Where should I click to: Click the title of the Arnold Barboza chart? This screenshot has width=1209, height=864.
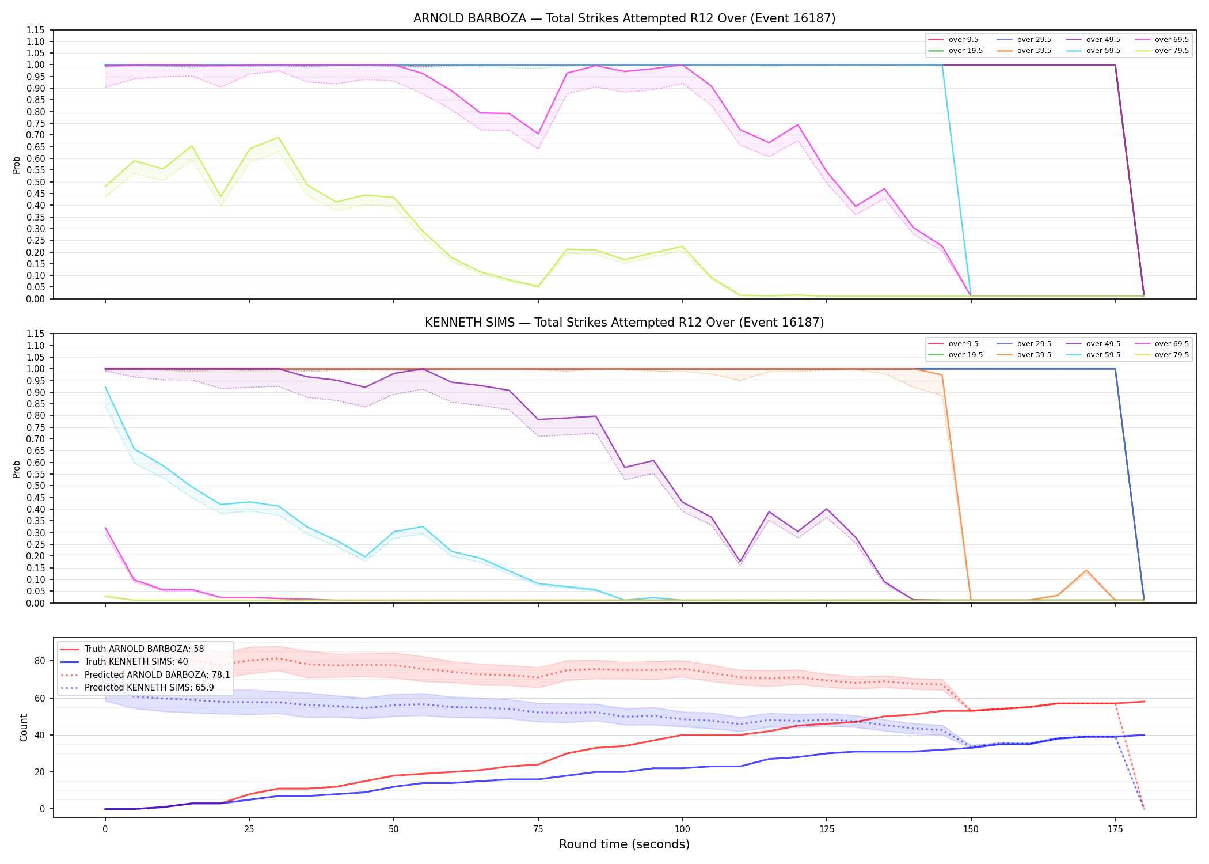point(624,18)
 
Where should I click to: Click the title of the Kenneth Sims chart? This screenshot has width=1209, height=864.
point(624,323)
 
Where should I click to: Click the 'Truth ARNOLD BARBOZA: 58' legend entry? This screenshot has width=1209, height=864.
point(132,649)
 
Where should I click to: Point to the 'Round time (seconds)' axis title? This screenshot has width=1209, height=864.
point(624,844)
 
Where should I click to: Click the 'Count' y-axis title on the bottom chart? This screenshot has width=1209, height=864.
point(24,727)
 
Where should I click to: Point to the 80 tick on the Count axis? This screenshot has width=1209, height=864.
point(40,661)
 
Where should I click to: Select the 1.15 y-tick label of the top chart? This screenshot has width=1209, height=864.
point(36,30)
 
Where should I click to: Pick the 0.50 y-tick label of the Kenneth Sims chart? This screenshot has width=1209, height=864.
point(36,486)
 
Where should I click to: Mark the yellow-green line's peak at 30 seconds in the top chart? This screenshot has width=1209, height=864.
point(278,137)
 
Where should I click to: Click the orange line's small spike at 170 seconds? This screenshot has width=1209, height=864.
point(1086,570)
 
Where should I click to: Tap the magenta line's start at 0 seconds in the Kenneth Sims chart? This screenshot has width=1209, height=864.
point(105,528)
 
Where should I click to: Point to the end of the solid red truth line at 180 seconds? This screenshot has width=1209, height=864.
point(1144,702)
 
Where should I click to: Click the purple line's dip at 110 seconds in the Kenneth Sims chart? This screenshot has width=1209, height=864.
point(740,562)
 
